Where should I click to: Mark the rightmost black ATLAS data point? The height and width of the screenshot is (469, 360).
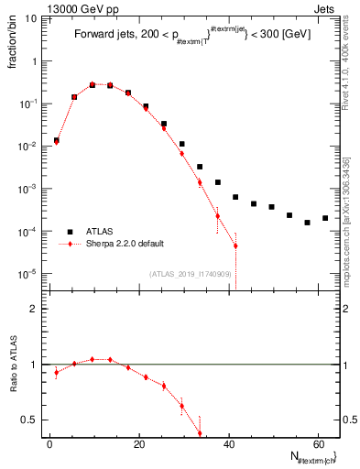point(325,218)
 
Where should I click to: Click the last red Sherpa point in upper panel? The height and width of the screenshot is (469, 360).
point(235,245)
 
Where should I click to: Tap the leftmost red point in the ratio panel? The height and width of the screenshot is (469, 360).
point(57,372)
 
